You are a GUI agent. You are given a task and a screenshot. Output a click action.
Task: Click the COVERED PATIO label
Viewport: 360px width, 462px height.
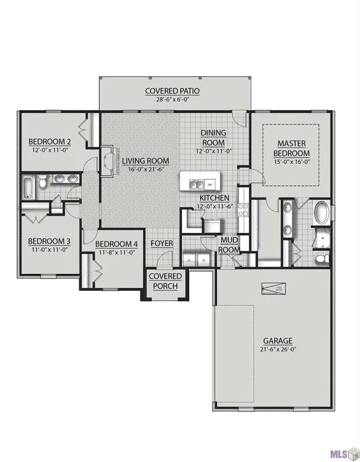click(172, 91)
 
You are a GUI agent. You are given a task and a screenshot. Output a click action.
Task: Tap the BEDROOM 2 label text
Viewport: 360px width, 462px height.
click(50, 143)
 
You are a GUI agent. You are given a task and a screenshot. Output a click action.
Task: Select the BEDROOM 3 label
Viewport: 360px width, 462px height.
click(49, 241)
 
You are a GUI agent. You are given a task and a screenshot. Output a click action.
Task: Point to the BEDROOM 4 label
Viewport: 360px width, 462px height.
click(117, 244)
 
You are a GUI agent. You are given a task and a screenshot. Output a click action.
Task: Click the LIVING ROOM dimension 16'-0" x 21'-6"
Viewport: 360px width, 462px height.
click(145, 170)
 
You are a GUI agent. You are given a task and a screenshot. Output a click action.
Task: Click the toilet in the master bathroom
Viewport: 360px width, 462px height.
click(321, 259)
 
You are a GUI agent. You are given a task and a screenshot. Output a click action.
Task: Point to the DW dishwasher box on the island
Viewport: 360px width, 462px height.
click(210, 183)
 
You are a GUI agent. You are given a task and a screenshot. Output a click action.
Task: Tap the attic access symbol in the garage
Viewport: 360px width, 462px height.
click(274, 289)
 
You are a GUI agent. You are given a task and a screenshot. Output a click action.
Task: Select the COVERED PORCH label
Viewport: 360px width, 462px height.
click(164, 281)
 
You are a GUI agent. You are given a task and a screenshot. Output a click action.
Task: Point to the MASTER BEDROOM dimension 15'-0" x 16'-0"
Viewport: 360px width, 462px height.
click(293, 162)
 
